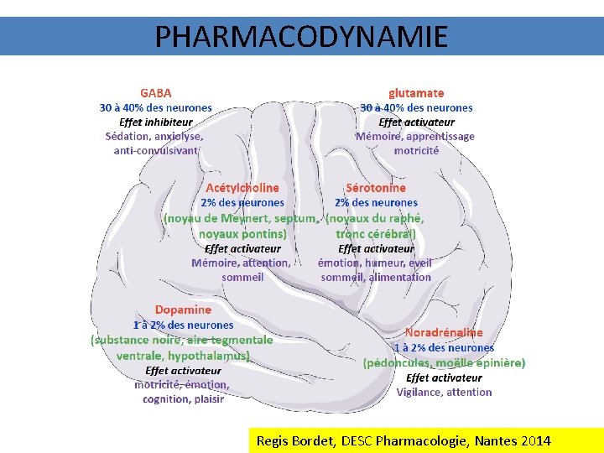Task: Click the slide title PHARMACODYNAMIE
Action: (x=301, y=36)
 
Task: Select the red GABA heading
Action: (x=155, y=93)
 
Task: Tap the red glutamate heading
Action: (x=416, y=93)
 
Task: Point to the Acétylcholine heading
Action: (x=242, y=188)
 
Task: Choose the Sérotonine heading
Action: (x=375, y=188)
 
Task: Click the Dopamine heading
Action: (x=183, y=310)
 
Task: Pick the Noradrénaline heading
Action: (x=444, y=333)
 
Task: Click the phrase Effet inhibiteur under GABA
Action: (x=155, y=122)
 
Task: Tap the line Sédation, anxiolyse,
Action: (x=154, y=136)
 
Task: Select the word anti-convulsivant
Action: (x=156, y=150)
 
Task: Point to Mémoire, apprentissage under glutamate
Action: (x=415, y=136)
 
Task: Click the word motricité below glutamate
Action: (x=416, y=150)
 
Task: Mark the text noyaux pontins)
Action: (x=242, y=233)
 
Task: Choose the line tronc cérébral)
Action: (x=375, y=233)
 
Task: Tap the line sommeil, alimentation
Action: (x=375, y=277)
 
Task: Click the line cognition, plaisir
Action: (x=183, y=398)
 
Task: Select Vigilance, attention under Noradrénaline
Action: (x=444, y=392)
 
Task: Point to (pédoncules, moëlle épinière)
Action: (x=444, y=362)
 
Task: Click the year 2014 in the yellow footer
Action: (x=534, y=440)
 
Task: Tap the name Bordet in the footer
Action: (x=314, y=440)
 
